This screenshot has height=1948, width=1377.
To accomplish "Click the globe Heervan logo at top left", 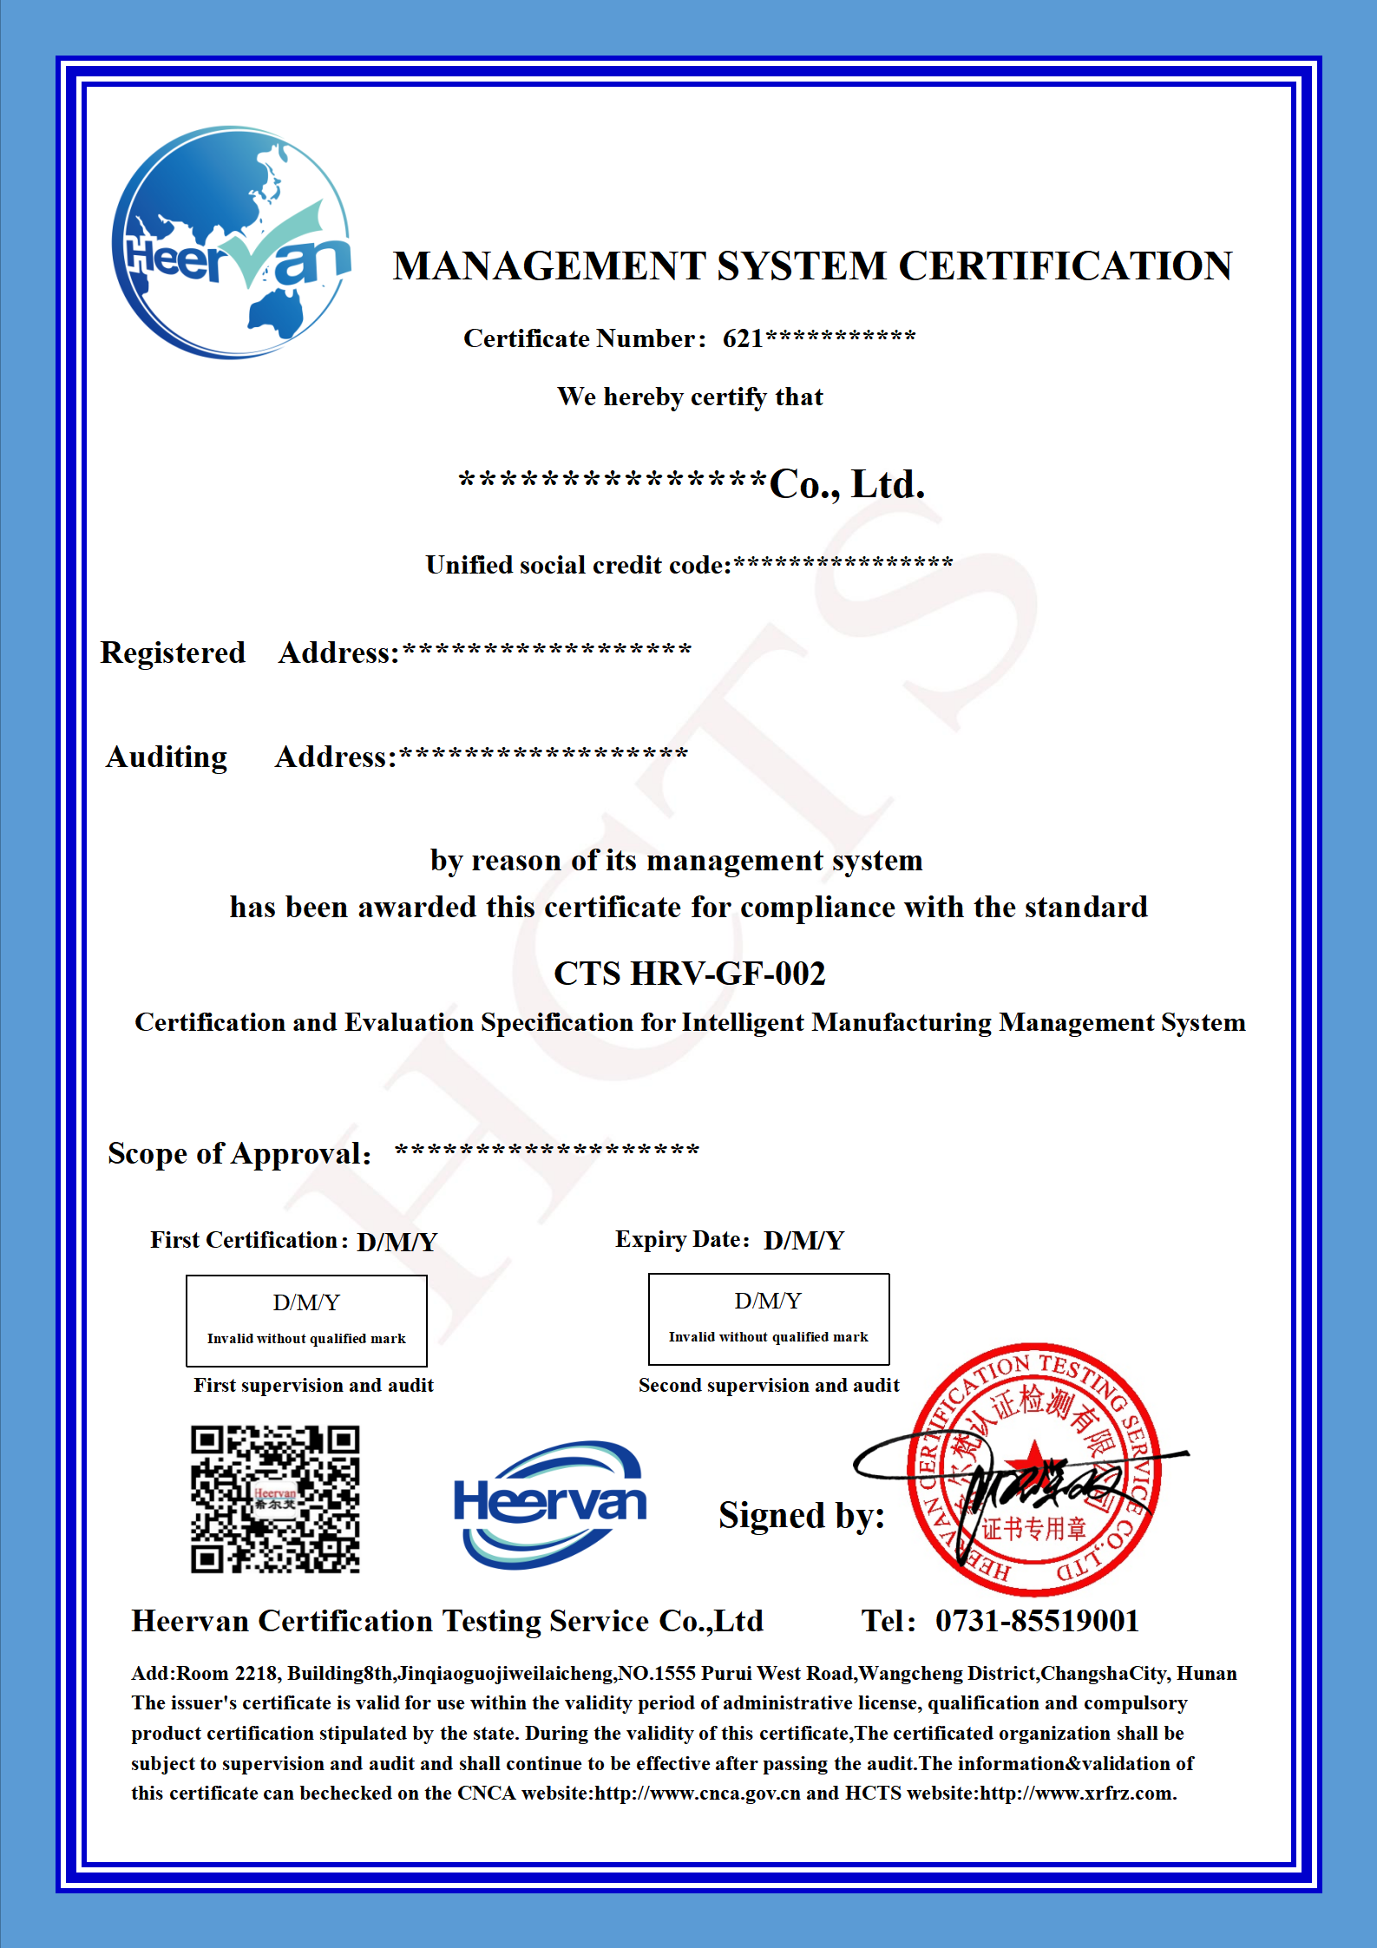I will pos(232,242).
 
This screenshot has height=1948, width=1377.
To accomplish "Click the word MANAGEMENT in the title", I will pos(548,266).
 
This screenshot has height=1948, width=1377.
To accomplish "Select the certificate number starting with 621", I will pos(818,338).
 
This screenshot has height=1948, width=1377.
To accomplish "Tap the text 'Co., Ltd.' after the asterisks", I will pos(847,484).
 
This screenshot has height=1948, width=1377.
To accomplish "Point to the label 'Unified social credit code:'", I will pos(578,565).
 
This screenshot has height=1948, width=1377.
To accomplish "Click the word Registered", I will pos(173,653).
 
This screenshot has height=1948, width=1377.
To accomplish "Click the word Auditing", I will pos(167,757).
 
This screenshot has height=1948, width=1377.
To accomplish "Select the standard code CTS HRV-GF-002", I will pos(689,974).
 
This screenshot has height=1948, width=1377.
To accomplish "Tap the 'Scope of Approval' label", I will pos(239,1153).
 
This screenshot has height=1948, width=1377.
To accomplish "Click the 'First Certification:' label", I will pos(248,1240).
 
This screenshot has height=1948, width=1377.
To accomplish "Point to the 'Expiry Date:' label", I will pos(681,1239).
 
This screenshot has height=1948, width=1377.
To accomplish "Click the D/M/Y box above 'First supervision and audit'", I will pos(306,1320).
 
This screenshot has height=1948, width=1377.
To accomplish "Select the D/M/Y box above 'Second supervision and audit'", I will pos(769,1319).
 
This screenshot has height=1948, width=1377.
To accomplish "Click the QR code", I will pos(275,1499).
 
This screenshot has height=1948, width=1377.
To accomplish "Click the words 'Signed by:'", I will pos(801,1516).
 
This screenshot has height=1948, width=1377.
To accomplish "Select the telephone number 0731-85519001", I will pos(1037,1621).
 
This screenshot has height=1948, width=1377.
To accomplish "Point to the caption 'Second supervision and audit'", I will pos(769,1385).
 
